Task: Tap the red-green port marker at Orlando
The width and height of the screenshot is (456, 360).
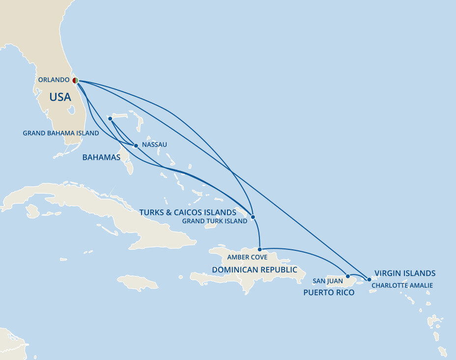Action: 75,81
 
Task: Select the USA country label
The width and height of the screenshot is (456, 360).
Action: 60,97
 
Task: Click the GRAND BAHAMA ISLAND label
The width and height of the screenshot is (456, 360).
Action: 61,133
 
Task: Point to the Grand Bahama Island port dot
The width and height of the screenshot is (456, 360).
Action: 110,119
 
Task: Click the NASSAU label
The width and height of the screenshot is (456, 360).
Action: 154,145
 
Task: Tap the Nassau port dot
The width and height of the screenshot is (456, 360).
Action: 136,146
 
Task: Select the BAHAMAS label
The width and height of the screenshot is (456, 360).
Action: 101,158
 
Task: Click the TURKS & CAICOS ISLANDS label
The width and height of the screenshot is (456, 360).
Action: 188,212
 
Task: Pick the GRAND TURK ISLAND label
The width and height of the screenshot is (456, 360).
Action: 215,221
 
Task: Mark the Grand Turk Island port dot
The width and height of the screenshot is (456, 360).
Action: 253,217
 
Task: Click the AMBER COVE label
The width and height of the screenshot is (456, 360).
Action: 247,257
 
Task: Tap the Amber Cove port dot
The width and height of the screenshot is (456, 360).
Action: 259,249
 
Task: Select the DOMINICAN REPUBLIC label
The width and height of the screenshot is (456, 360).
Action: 255,270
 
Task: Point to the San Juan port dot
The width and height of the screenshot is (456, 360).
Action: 348,276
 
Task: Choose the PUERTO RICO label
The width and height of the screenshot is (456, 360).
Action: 329,293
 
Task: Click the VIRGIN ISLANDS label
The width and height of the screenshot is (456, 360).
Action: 405,273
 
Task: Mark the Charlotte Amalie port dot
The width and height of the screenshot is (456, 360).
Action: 369,279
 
